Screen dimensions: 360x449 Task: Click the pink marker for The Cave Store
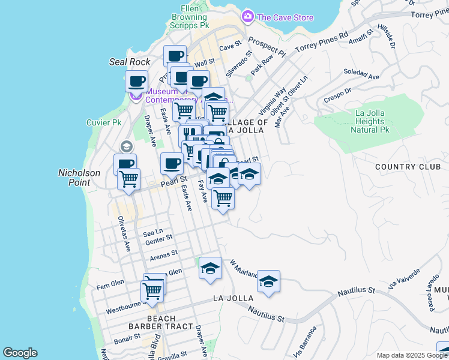pyautogui.click(x=247, y=17)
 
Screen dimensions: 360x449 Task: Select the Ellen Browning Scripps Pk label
pyautogui.click(x=195, y=17)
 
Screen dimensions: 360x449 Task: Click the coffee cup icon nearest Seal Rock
pyautogui.click(x=136, y=81)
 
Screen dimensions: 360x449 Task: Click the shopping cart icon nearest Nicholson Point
pyautogui.click(x=128, y=178)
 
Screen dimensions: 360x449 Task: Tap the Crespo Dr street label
pyautogui.click(x=337, y=97)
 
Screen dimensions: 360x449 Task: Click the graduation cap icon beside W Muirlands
pyautogui.click(x=269, y=281)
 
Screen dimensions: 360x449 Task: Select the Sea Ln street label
pyautogui.click(x=152, y=232)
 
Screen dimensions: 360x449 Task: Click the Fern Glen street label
pyautogui.click(x=110, y=283)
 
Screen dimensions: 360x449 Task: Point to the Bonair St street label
pyautogui.click(x=127, y=339)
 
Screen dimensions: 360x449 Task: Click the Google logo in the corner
pyautogui.click(x=20, y=353)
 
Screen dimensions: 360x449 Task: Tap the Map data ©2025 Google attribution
pyautogui.click(x=412, y=355)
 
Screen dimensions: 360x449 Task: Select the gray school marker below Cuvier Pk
pyautogui.click(x=126, y=146)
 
